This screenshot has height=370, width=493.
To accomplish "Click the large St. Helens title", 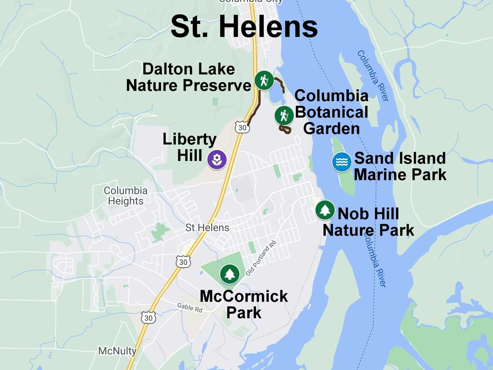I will [244, 27].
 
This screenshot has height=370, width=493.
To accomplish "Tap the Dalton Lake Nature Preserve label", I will [189, 77].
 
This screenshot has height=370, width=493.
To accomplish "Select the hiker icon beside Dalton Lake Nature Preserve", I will [263, 80].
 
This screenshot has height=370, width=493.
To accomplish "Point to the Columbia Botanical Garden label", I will [332, 112].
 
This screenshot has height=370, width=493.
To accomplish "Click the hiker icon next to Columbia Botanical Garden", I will [284, 116].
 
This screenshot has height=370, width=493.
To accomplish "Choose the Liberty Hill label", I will [189, 147].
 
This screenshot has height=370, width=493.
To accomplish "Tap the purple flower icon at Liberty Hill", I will [217, 160].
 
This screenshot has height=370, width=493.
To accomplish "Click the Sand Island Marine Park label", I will [400, 166].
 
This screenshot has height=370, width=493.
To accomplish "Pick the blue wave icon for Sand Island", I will [342, 162].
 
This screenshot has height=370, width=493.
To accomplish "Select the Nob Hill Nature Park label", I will [368, 222].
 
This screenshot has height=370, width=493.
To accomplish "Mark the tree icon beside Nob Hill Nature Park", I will [325, 210].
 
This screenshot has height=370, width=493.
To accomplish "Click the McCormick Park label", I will [244, 304].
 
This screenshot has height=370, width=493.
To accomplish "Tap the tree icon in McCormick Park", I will [229, 274].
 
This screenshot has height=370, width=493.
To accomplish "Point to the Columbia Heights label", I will [125, 196].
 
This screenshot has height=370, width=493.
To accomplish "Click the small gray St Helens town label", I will [207, 227].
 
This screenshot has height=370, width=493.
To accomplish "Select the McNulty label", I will [117, 351].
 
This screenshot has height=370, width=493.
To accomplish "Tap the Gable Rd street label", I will [190, 307].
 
